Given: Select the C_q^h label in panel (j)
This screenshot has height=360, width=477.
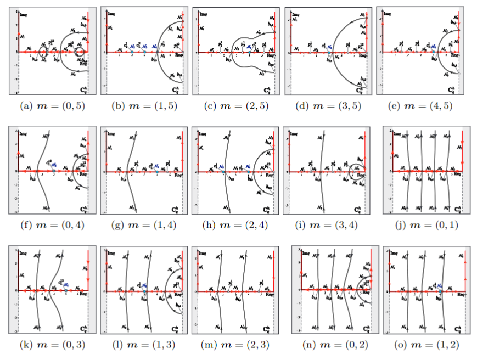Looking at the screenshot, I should pyautogui.click(x=453, y=209).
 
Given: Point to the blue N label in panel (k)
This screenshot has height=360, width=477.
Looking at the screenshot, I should pyautogui.click(x=65, y=284).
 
